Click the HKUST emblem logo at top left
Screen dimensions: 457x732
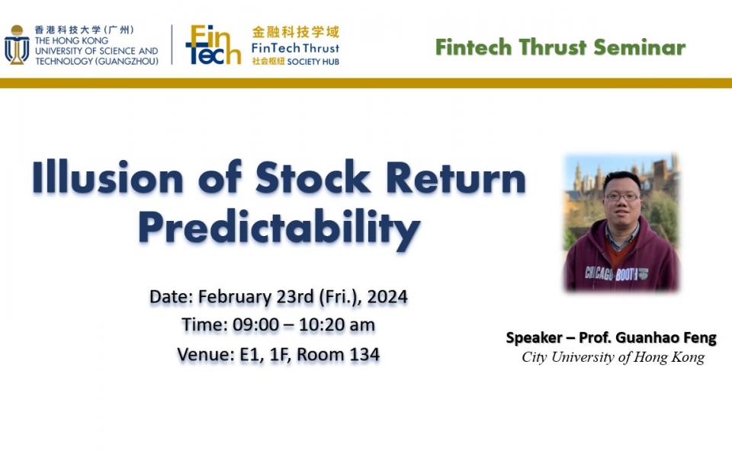(x=16, y=45)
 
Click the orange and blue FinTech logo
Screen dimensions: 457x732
(x=213, y=45)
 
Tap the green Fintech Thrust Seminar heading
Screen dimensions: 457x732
(x=560, y=47)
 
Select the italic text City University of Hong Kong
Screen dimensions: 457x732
(x=613, y=357)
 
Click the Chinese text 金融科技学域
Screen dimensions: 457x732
(x=295, y=32)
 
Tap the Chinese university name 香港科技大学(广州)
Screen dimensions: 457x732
(x=84, y=30)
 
